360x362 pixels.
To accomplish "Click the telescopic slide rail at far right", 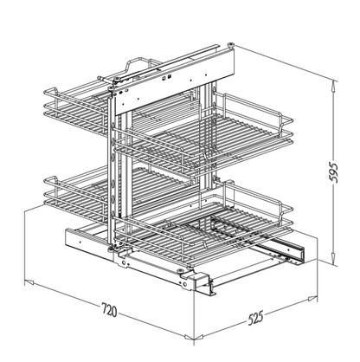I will tap(286, 251).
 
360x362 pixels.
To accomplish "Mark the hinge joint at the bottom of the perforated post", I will tap(113, 252).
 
